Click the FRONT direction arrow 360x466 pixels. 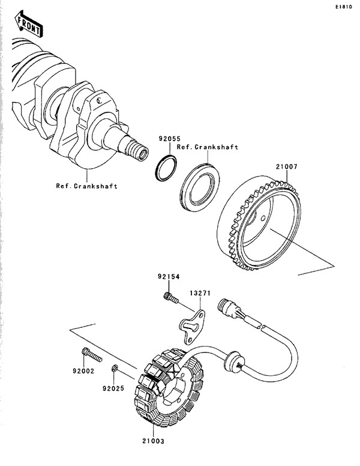coord(29,23)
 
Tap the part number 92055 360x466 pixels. coord(170,139)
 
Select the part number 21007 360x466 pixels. coord(286,167)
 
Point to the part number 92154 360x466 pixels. coord(169,277)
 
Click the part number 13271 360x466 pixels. coord(200,293)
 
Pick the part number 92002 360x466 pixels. coord(83,371)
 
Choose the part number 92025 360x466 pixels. coord(113,389)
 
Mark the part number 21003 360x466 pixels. coord(153,441)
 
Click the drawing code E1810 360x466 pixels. coord(344,7)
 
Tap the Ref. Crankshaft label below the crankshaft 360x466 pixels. coord(87,186)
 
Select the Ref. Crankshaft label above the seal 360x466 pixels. coord(208,147)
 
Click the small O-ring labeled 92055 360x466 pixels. coord(166,168)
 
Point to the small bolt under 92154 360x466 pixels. coord(171,298)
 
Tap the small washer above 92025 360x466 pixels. coord(115,369)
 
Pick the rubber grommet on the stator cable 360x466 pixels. coord(232,361)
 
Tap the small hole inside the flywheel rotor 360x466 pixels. coord(263,219)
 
